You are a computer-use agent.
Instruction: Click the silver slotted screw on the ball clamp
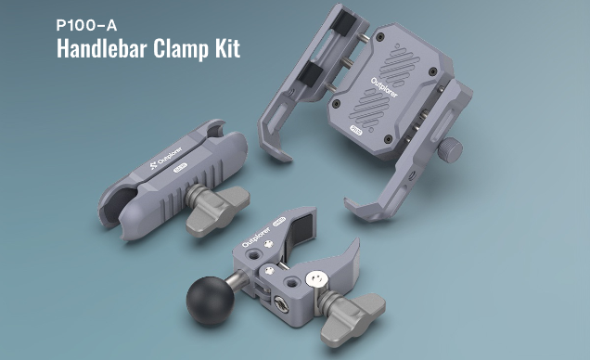[318, 278]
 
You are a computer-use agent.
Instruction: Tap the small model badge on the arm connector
[182, 168]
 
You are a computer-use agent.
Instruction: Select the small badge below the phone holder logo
[355, 135]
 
